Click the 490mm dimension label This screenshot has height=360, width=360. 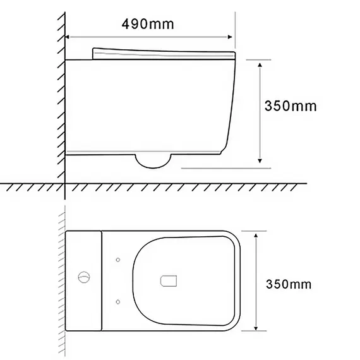pos(148,24)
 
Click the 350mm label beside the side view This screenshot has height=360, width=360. pos(291,106)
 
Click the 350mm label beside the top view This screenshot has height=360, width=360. pos(289,284)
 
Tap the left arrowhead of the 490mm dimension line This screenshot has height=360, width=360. pos(68,37)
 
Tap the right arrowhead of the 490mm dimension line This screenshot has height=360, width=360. pos(230,37)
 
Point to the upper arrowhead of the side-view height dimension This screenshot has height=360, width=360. pos(260,65)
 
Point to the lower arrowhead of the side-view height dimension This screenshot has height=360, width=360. pos(260,160)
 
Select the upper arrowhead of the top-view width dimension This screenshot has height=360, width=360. pos(256,236)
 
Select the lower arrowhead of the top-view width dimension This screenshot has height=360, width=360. pos(256,328)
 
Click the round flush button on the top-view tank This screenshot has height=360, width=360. pos(84,277)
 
